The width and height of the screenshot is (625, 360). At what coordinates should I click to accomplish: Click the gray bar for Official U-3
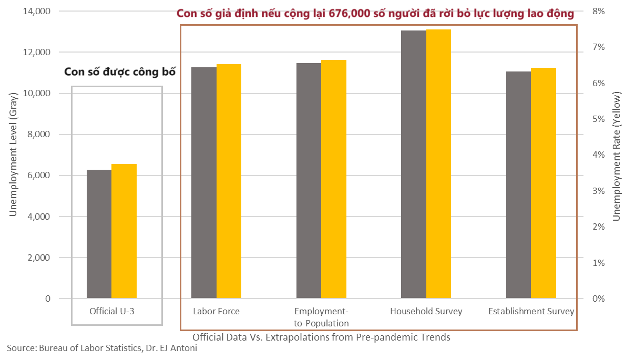tap(99, 234)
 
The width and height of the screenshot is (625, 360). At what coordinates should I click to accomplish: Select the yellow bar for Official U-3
tap(124, 231)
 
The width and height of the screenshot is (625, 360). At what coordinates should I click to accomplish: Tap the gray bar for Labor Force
tap(203, 183)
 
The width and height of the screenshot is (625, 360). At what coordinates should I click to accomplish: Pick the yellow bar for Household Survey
tap(438, 164)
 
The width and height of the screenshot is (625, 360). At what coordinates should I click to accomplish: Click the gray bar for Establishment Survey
tap(518, 185)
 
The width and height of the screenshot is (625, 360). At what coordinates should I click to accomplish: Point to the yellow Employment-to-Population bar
tap(334, 179)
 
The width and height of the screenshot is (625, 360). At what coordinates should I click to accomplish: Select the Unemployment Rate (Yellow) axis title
tap(617, 155)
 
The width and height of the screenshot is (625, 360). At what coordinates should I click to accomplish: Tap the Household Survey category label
tap(426, 311)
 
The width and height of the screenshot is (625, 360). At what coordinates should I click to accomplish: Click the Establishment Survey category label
tap(531, 311)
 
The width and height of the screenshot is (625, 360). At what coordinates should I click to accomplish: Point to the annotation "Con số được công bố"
tap(119, 72)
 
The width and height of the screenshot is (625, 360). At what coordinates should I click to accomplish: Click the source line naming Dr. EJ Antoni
tap(102, 348)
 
